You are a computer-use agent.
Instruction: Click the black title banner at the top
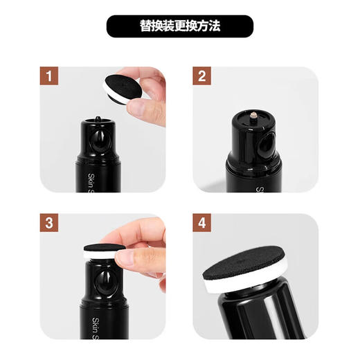tap(180, 26)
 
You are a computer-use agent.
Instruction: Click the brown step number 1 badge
tap(48, 75)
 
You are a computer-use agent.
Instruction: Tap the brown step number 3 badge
tap(48, 223)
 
